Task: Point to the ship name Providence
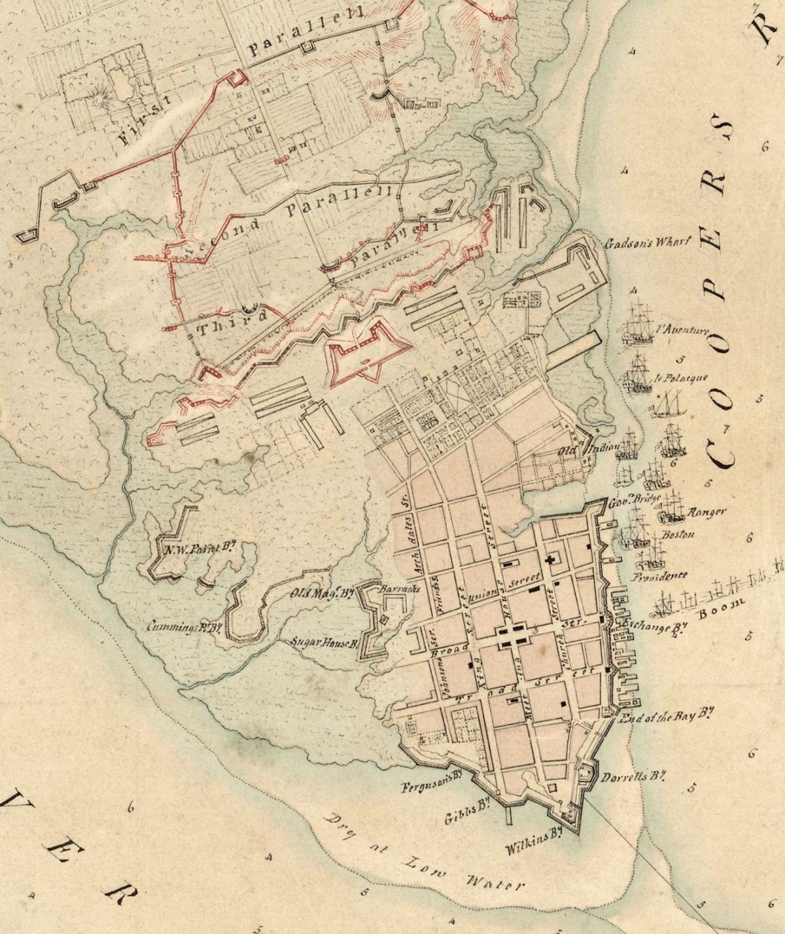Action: [659, 577]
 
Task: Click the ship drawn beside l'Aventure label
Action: [638, 327]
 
